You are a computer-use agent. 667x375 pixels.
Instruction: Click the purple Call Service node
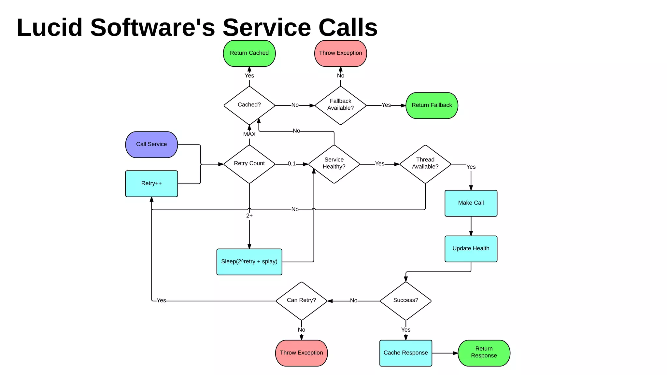151,145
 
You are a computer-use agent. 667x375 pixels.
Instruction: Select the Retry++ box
151,184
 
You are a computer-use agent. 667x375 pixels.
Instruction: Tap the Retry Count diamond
249,164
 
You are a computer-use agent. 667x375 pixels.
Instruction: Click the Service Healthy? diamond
334,164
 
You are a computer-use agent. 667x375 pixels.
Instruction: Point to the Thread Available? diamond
425,164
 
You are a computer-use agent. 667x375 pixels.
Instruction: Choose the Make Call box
471,203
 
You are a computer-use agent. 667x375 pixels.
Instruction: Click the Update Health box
471,249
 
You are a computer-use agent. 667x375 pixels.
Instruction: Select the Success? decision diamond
405,301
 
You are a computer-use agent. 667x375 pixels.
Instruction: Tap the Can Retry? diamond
301,301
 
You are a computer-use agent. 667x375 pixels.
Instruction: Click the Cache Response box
405,353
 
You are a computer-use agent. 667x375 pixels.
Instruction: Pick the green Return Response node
484,353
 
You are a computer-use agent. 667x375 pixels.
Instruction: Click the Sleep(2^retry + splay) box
249,262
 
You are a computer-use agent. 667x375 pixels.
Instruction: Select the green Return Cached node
249,53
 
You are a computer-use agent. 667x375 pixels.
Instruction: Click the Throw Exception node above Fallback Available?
340,53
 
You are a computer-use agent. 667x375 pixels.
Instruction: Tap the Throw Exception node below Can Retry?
301,353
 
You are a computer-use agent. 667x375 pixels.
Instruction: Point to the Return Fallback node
432,105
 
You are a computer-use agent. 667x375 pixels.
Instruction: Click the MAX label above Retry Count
249,134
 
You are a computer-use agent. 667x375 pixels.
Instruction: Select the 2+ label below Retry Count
249,216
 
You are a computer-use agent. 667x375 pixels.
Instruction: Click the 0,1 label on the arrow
292,164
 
